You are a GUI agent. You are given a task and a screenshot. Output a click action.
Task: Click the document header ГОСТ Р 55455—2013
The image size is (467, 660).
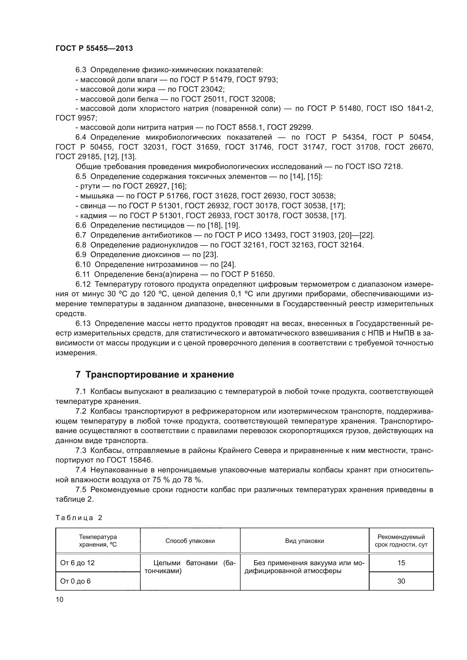(x=94, y=48)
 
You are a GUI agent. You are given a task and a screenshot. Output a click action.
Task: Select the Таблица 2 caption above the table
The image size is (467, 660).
(x=79, y=518)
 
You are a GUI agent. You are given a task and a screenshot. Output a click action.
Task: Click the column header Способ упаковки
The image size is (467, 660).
(x=190, y=541)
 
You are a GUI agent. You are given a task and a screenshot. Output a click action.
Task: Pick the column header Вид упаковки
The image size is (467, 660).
(x=305, y=541)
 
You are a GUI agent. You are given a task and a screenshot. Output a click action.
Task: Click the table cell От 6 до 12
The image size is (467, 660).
(x=77, y=563)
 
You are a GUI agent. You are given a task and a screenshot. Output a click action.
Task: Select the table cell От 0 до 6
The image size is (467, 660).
(x=75, y=581)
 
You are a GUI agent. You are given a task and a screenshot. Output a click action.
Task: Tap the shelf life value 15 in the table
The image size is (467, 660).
(x=401, y=563)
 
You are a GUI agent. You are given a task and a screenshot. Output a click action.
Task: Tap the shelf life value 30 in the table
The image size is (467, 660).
(x=401, y=581)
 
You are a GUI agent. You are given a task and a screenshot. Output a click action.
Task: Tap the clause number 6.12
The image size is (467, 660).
(x=83, y=284)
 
